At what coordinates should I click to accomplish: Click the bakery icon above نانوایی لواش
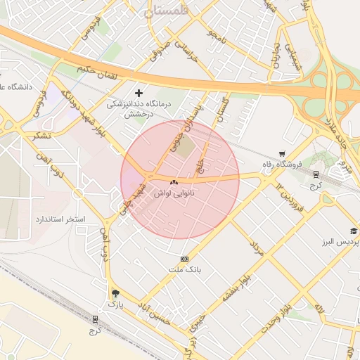pyautogui.click(x=174, y=182)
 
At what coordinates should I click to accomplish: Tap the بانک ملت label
pyautogui.click(x=185, y=269)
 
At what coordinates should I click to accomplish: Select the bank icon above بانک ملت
pyautogui.click(x=185, y=259)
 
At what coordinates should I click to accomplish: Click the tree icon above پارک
pyautogui.click(x=115, y=294)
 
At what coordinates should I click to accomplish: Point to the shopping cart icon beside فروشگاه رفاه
pyautogui.click(x=282, y=153)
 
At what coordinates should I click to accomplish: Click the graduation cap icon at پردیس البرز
pyautogui.click(x=354, y=231)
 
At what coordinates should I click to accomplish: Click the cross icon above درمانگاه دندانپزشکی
pyautogui.click(x=139, y=92)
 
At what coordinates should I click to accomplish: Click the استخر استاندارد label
pyautogui.click(x=60, y=219)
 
